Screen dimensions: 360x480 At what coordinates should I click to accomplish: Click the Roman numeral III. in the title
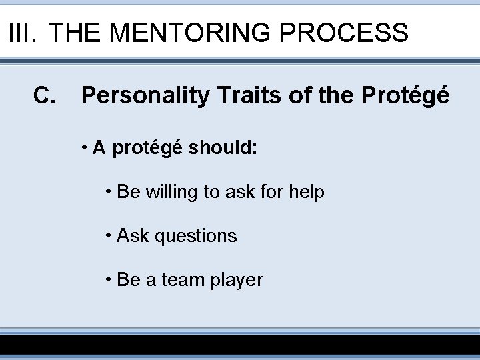click(x=23, y=32)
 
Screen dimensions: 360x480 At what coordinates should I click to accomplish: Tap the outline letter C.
click(x=44, y=96)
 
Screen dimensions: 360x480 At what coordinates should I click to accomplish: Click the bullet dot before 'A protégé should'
click(x=85, y=148)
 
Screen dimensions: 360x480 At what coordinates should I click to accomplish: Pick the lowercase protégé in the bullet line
click(x=147, y=148)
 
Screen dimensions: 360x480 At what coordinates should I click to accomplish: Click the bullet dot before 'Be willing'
click(x=109, y=192)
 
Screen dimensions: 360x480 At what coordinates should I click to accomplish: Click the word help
click(x=307, y=192)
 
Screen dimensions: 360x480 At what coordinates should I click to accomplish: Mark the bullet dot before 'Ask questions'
click(x=109, y=235)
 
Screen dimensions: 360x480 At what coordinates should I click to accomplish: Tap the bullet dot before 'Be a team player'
click(x=109, y=279)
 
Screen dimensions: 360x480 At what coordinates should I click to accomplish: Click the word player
click(x=237, y=280)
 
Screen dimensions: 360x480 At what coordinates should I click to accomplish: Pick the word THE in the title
click(x=79, y=32)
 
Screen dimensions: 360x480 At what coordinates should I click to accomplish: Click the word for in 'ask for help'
click(x=271, y=192)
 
